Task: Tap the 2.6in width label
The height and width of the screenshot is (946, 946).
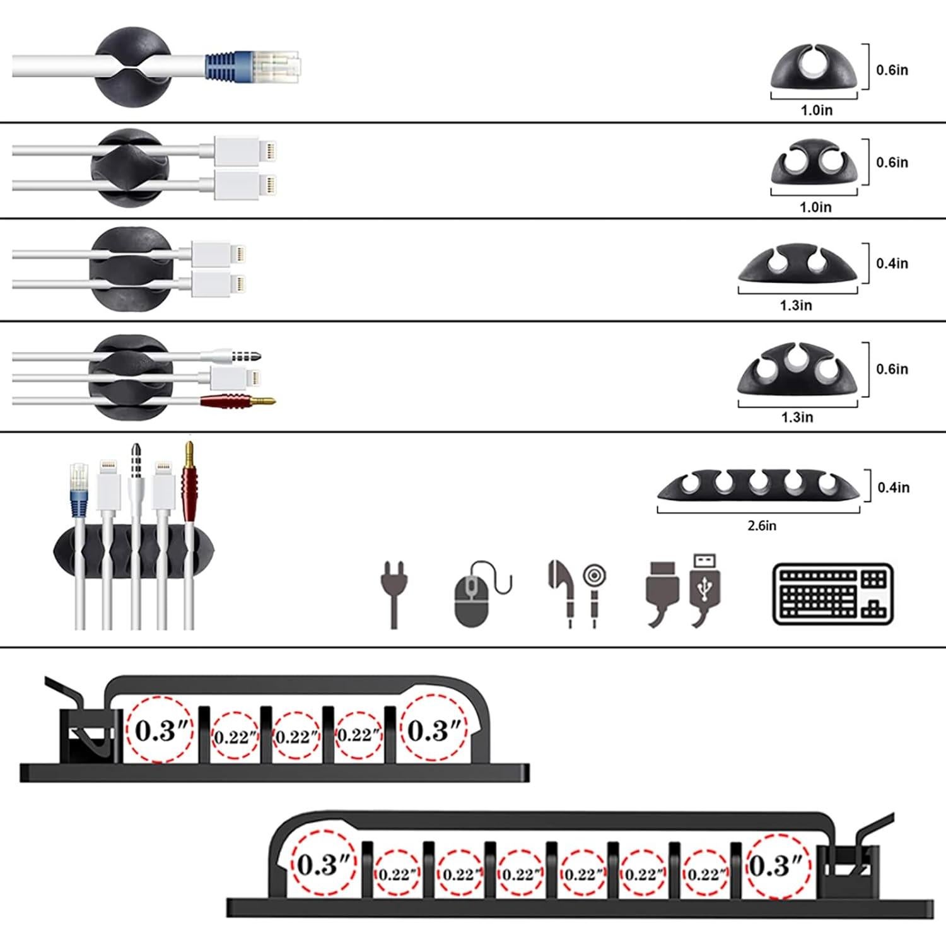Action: (x=762, y=525)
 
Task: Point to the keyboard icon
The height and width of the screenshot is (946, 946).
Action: (x=832, y=593)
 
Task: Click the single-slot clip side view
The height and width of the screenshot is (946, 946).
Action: (x=814, y=68)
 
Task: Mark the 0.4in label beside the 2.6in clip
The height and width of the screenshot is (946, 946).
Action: (x=894, y=488)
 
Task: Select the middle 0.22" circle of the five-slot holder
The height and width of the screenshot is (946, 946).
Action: (x=296, y=736)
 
